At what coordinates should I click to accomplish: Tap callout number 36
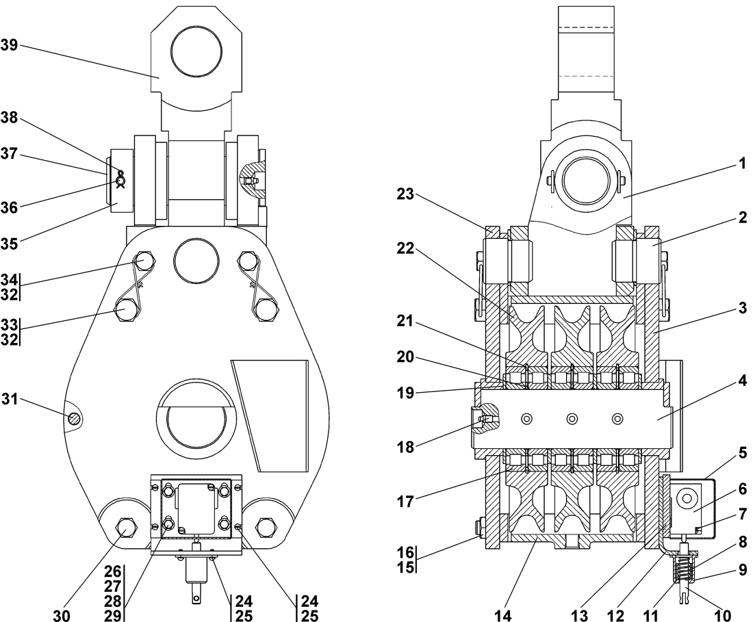[x=9, y=205]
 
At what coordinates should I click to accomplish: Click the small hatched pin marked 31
[x=73, y=417]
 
